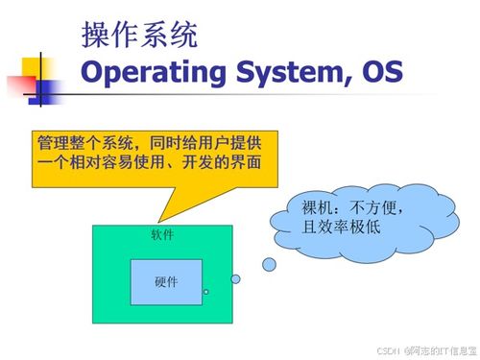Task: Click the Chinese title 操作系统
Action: pyautogui.click(x=140, y=36)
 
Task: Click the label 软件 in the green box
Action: pyautogui.click(x=162, y=235)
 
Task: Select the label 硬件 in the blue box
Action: pyautogui.click(x=166, y=282)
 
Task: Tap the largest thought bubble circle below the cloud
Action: pyautogui.click(x=269, y=263)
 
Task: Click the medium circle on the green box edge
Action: pyautogui.click(x=235, y=279)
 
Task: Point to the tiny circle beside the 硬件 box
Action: pyautogui.click(x=205, y=292)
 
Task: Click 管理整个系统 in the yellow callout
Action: pyautogui.click(x=77, y=141)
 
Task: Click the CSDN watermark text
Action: pyautogui.click(x=387, y=350)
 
